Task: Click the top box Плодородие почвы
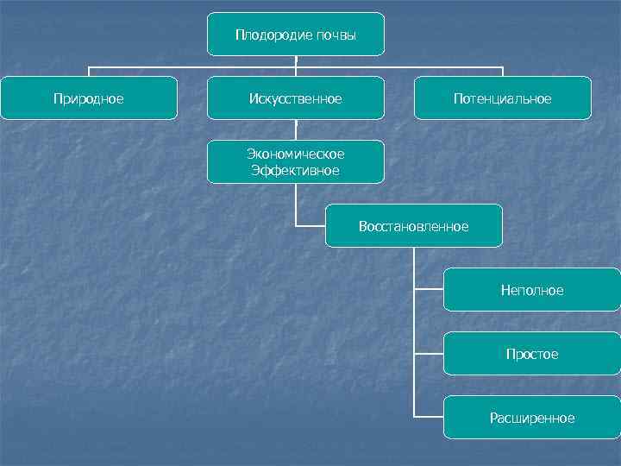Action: click(x=296, y=35)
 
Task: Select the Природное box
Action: click(x=89, y=98)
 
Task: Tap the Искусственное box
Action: click(x=296, y=98)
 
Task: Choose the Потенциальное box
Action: click(x=503, y=98)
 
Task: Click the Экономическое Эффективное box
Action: click(x=296, y=161)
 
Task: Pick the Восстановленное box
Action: click(x=413, y=226)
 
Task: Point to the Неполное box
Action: click(x=531, y=290)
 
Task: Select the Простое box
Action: click(x=531, y=354)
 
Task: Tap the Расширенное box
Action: click(x=531, y=418)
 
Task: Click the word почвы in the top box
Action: click(x=341, y=35)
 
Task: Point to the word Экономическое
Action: click(x=296, y=154)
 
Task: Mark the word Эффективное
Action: click(x=296, y=170)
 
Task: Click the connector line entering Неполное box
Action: click(x=429, y=290)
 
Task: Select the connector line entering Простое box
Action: click(x=429, y=354)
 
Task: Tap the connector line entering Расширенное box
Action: click(x=429, y=418)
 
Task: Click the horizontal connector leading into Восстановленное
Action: click(x=310, y=225)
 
